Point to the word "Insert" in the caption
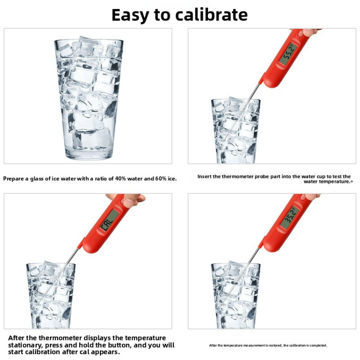point(205,177)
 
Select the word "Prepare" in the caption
point(14,179)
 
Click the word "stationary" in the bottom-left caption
point(26,345)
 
